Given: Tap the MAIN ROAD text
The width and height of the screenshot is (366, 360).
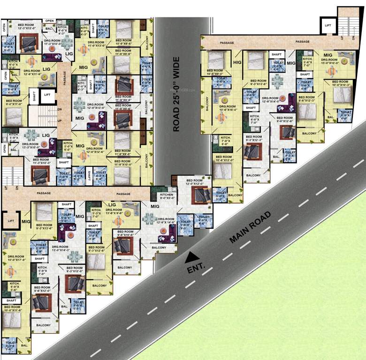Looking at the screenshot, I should pos(251,228).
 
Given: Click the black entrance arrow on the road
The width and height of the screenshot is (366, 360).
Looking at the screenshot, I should pos(191,257).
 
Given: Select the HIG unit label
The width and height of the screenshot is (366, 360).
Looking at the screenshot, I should pos(237,62).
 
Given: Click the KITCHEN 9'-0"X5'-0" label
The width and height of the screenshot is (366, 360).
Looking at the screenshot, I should pos(167,196).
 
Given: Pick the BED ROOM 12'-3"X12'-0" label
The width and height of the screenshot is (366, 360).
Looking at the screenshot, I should pos(26,26).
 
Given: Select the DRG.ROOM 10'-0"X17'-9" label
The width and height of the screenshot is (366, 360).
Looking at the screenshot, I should pos(15,258).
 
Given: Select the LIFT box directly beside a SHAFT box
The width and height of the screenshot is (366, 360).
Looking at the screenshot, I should pos(47,95).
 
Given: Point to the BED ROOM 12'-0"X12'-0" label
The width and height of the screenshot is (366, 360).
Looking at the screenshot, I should pos(194,182).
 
